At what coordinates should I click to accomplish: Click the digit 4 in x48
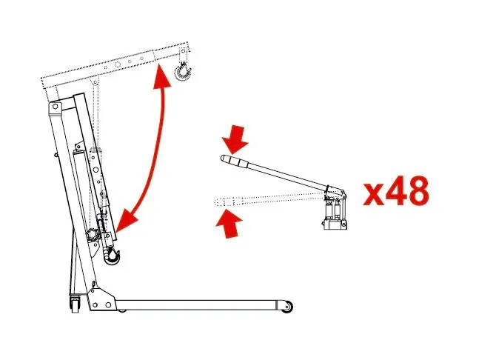coord(396,190)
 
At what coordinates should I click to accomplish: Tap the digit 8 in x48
coord(418,190)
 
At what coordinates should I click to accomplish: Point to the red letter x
coord(374,194)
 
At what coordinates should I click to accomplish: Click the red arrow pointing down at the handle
coord(235,139)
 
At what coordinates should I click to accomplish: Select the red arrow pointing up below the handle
coord(229,224)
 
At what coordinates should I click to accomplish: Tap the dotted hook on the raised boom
coord(183,73)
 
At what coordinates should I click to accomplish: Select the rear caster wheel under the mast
coord(75,304)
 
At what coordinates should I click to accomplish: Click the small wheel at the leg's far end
coord(287,307)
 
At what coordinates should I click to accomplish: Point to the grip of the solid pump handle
coord(232,161)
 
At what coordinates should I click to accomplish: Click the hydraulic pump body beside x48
coord(335,211)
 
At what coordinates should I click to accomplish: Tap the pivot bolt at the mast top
coord(55,107)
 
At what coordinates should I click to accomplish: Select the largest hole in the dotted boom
coord(118,64)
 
